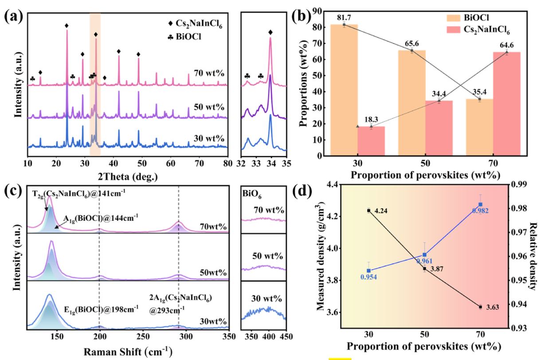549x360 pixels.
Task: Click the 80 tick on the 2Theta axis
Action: pos(227,161)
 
